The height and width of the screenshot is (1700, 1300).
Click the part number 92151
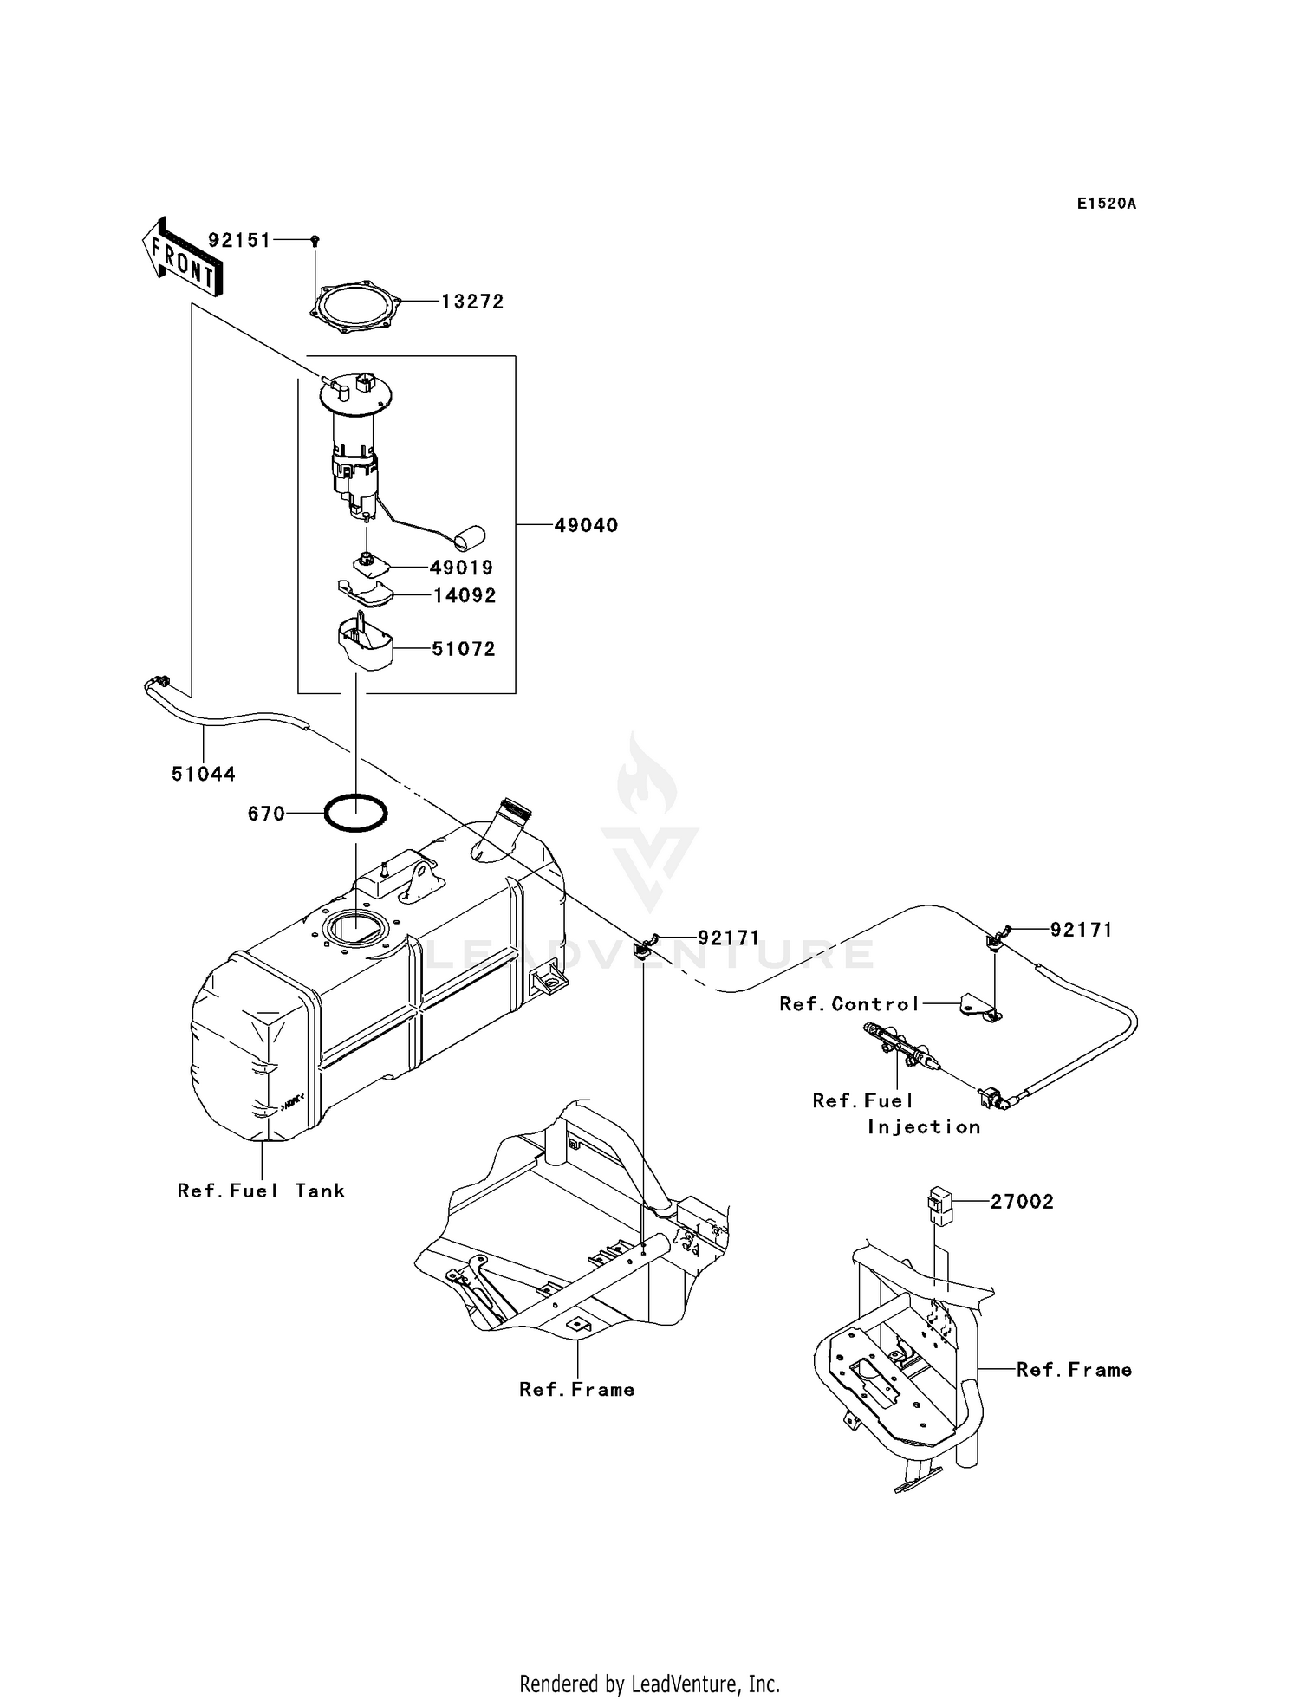click(239, 240)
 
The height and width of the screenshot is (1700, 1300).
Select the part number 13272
click(472, 302)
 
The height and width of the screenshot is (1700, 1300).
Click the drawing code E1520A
click(1106, 204)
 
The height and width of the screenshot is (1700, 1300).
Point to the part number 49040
click(586, 525)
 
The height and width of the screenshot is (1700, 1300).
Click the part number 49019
click(461, 568)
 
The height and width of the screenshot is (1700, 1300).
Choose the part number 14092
click(465, 595)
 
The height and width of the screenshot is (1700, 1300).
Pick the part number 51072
click(464, 649)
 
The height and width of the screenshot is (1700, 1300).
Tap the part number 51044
click(204, 774)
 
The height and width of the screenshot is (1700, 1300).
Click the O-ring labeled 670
click(356, 814)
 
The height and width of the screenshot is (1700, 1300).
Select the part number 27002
click(1022, 1202)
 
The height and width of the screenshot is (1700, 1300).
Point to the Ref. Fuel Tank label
click(261, 1191)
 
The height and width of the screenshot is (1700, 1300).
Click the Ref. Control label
click(849, 1003)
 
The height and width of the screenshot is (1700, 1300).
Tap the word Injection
click(924, 1126)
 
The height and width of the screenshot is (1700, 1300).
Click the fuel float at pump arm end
click(471, 537)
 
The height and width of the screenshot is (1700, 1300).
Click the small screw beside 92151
click(315, 240)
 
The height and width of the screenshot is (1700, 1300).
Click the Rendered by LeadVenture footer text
click(649, 1684)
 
